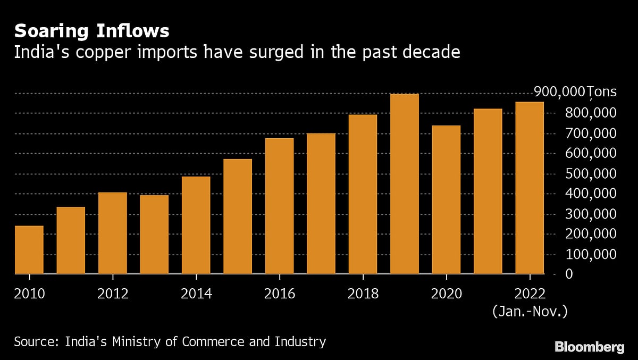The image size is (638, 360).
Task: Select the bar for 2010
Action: [x=29, y=250]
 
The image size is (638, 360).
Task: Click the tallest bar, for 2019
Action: [x=405, y=184]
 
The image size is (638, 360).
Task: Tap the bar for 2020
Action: [x=446, y=200]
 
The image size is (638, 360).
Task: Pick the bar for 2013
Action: [x=154, y=235]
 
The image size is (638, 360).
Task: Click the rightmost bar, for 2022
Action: [x=530, y=188]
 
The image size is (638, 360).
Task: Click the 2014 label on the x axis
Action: [x=196, y=294]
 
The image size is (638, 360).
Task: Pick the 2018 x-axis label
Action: [x=363, y=294]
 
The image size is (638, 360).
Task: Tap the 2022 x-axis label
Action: [x=530, y=294]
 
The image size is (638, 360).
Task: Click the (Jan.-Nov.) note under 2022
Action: [x=530, y=311]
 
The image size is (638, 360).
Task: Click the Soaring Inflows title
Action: [x=91, y=31]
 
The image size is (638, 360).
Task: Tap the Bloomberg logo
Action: [x=589, y=347]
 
